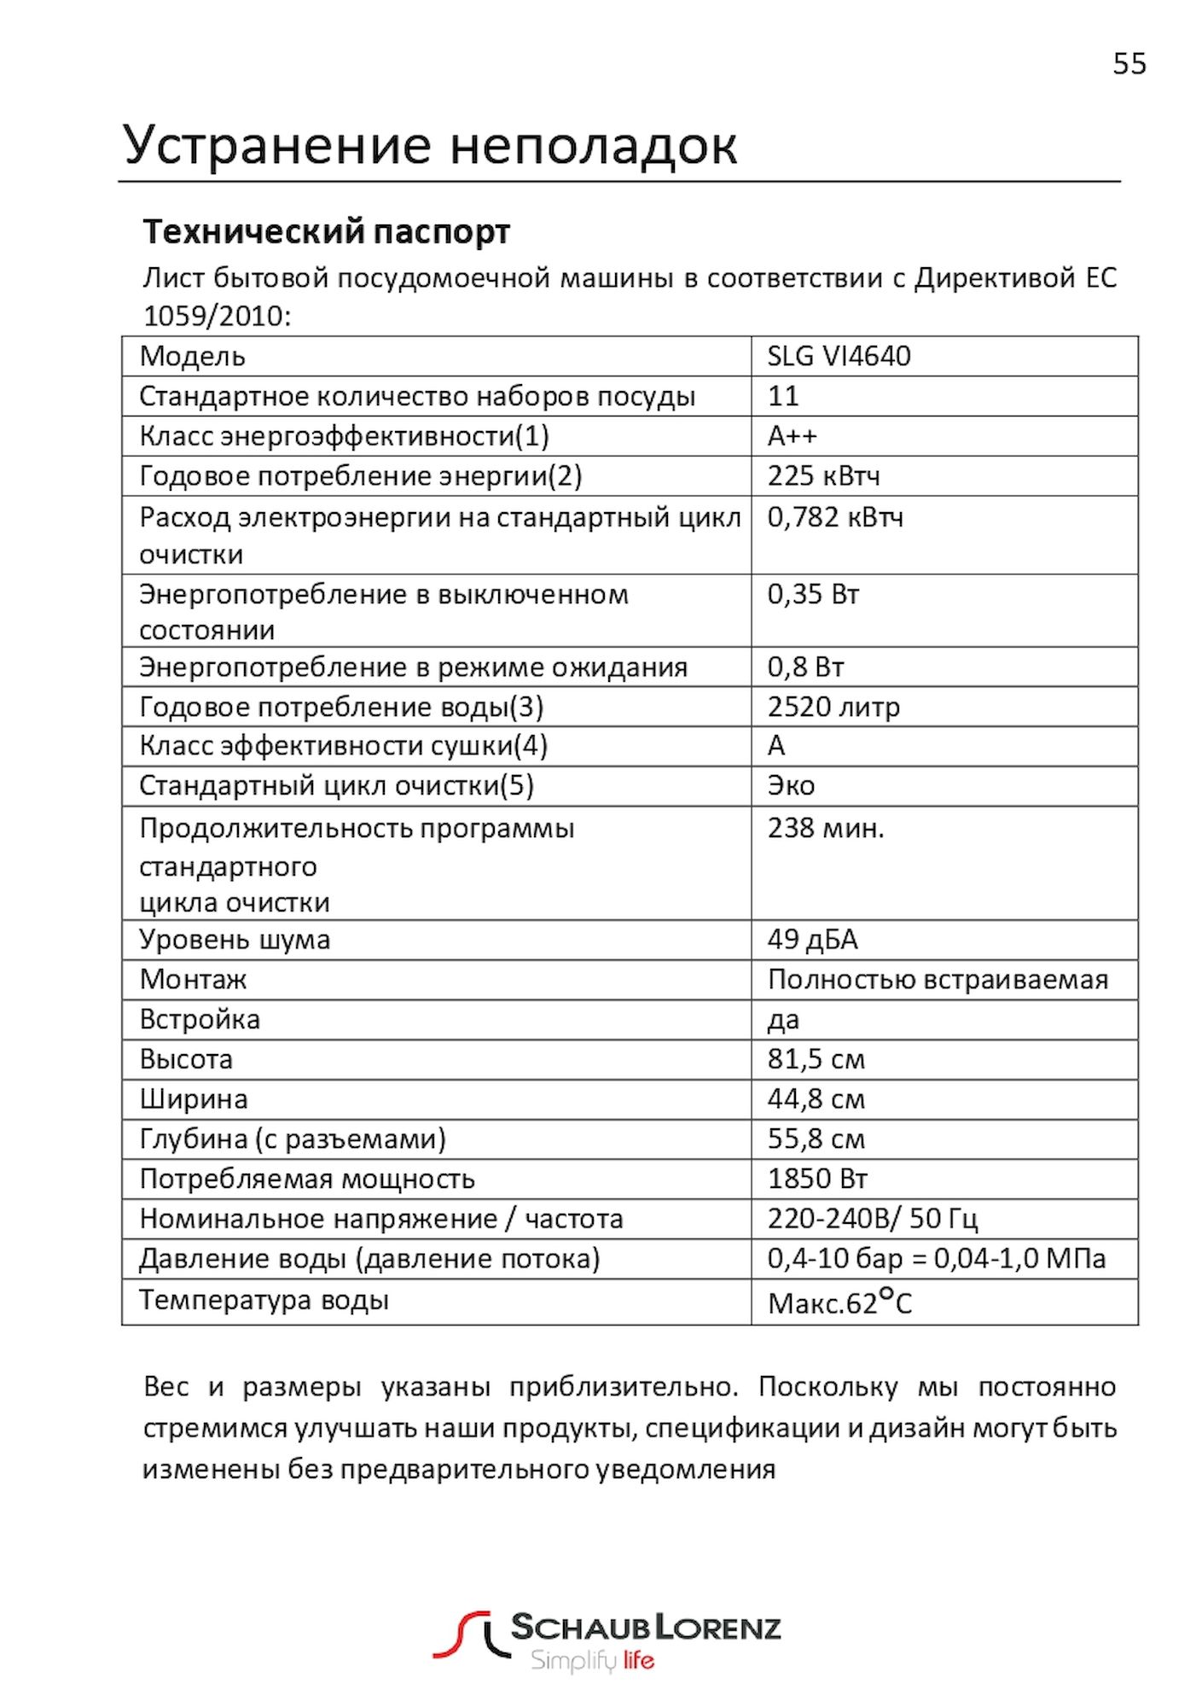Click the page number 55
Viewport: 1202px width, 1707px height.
[x=1129, y=64]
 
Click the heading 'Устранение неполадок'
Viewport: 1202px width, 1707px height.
[x=430, y=144]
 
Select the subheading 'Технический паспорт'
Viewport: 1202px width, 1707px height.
[x=326, y=231]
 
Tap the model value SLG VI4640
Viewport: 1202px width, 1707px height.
[x=839, y=356]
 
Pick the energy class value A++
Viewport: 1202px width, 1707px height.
[x=792, y=436]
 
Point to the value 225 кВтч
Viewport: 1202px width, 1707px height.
[x=823, y=476]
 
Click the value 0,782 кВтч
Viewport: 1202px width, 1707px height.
[x=834, y=517]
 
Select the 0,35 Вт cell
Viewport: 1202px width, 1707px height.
[x=813, y=594]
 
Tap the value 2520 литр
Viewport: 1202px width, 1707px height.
[x=833, y=707]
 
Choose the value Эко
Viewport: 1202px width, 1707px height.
[x=791, y=785]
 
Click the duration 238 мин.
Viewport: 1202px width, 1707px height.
[x=825, y=828]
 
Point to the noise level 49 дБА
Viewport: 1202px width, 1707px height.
[x=812, y=940]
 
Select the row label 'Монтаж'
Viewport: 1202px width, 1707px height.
[x=193, y=979]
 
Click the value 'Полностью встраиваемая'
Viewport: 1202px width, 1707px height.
[x=938, y=979]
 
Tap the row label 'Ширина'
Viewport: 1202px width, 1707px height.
[x=194, y=1099]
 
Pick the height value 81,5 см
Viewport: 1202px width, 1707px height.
[x=816, y=1059]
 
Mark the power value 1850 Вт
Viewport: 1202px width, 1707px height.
[x=817, y=1179]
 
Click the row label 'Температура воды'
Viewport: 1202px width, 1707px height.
[x=264, y=1300]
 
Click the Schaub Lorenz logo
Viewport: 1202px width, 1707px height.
[x=607, y=1640]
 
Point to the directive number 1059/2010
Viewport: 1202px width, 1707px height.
[x=217, y=316]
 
